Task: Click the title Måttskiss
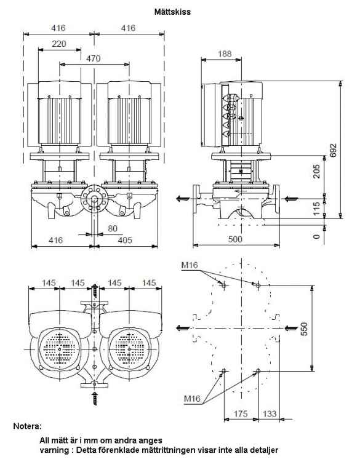[x=172, y=12]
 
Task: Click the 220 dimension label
[x=59, y=44]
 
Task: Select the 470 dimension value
[x=93, y=58]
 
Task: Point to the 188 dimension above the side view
[x=225, y=54]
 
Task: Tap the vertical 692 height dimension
[x=334, y=150]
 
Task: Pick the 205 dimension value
[x=316, y=172]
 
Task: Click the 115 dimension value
[x=316, y=209]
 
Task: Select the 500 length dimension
[x=235, y=239]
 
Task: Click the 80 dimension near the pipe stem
[x=113, y=228]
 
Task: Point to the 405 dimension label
[x=125, y=240]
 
